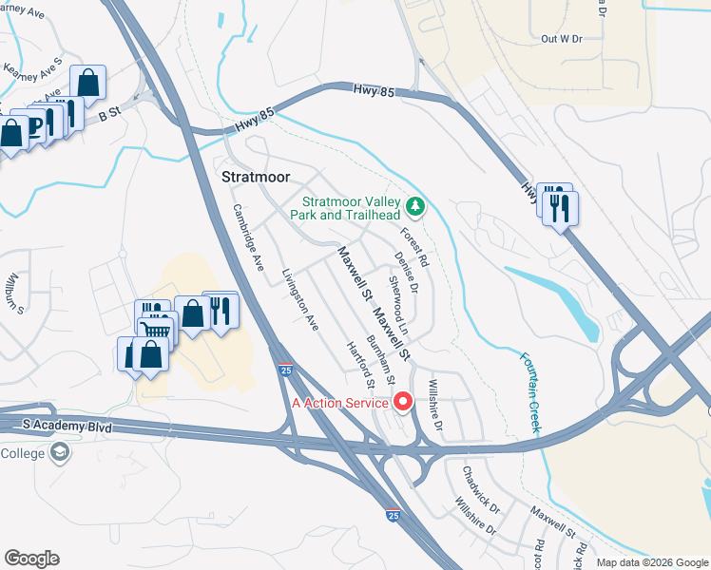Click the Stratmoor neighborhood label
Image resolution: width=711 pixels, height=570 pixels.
point(256,178)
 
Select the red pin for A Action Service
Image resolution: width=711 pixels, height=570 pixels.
point(402,403)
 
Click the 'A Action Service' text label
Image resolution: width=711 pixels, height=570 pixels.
point(339,403)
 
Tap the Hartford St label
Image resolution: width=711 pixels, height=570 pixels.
point(361,365)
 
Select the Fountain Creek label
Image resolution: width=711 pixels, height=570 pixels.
point(529,393)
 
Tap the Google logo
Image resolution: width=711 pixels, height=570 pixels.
point(31,559)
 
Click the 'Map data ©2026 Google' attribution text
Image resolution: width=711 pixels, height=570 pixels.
point(651,562)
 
